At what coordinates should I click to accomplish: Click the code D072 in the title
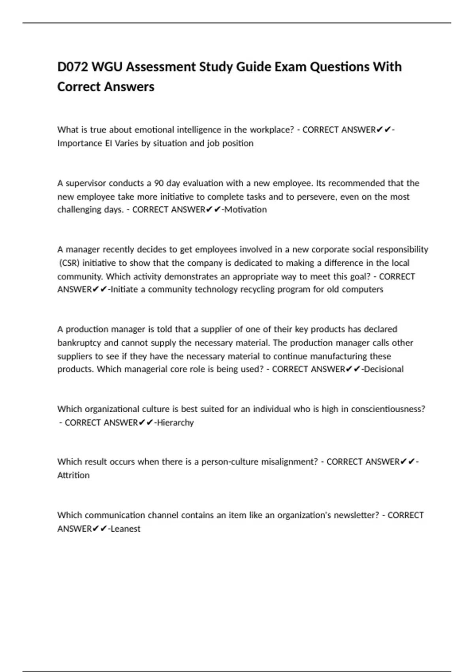[73, 67]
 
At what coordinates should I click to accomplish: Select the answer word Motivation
[246, 210]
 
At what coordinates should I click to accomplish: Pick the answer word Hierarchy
[175, 423]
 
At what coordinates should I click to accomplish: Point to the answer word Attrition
[73, 475]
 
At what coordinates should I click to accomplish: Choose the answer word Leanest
[126, 529]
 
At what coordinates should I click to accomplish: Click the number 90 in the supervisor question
[159, 183]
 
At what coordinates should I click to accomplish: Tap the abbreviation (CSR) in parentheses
[69, 263]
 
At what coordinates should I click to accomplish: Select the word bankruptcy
[79, 343]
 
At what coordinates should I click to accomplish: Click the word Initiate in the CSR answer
[124, 289]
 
